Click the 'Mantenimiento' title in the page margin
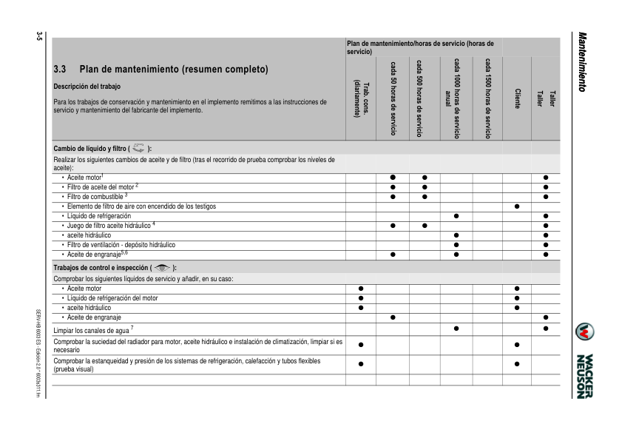click(583, 63)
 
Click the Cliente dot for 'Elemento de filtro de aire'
click(517, 206)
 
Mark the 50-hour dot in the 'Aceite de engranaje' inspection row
click(393, 317)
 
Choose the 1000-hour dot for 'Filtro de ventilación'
click(456, 244)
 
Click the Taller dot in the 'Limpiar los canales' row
click(545, 329)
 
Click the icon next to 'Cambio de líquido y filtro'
click(139, 148)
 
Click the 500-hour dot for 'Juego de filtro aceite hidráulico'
click(425, 225)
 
